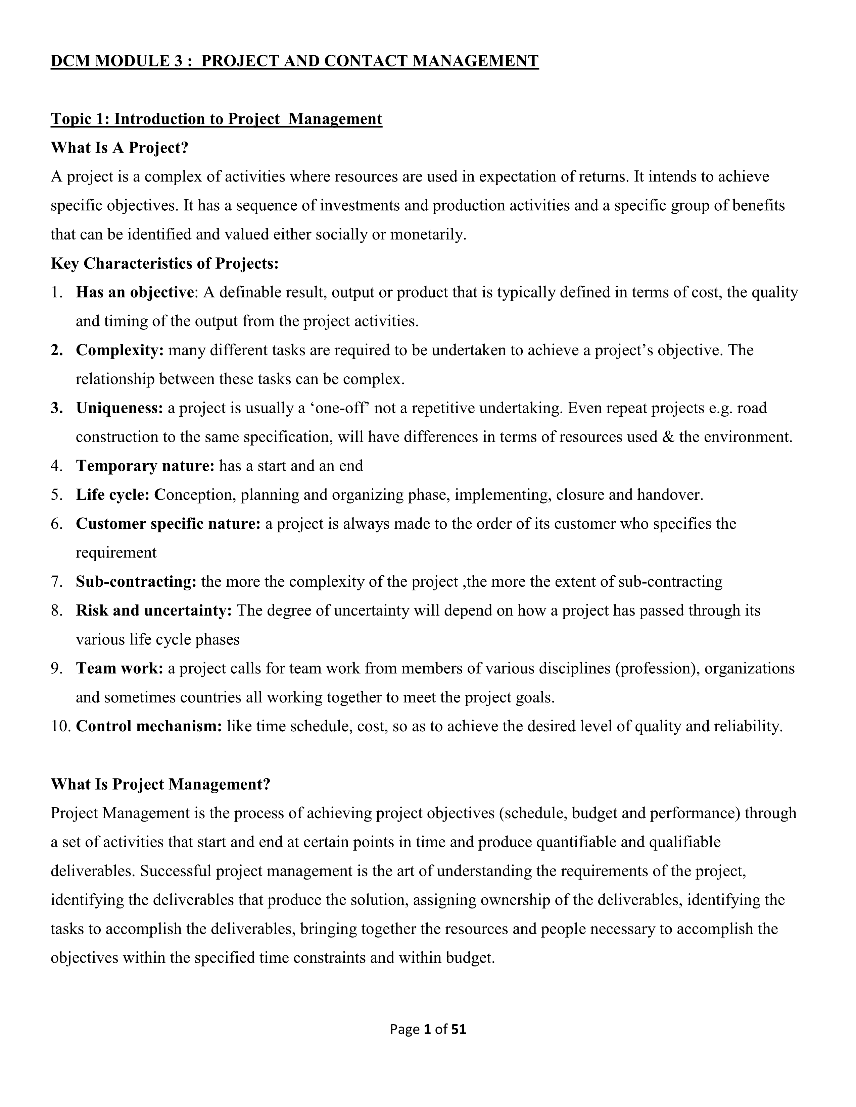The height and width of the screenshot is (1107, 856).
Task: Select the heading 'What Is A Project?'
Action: point(120,148)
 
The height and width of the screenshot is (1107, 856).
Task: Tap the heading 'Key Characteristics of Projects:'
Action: point(165,264)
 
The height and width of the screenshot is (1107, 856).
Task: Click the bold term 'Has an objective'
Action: point(134,293)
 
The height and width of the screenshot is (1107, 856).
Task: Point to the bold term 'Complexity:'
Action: point(120,350)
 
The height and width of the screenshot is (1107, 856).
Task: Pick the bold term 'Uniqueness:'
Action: point(120,408)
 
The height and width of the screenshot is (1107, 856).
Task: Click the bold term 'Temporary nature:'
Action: point(146,466)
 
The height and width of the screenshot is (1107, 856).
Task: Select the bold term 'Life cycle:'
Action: point(112,495)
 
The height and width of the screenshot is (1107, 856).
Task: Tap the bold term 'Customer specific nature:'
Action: point(168,524)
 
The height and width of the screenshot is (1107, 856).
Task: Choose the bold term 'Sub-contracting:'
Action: point(136,581)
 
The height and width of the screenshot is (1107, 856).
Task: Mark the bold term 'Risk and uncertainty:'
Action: point(154,610)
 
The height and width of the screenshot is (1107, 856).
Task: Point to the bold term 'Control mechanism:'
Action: point(149,726)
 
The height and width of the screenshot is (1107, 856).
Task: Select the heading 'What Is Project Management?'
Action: point(160,784)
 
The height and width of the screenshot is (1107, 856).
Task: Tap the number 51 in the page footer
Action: point(459,1029)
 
